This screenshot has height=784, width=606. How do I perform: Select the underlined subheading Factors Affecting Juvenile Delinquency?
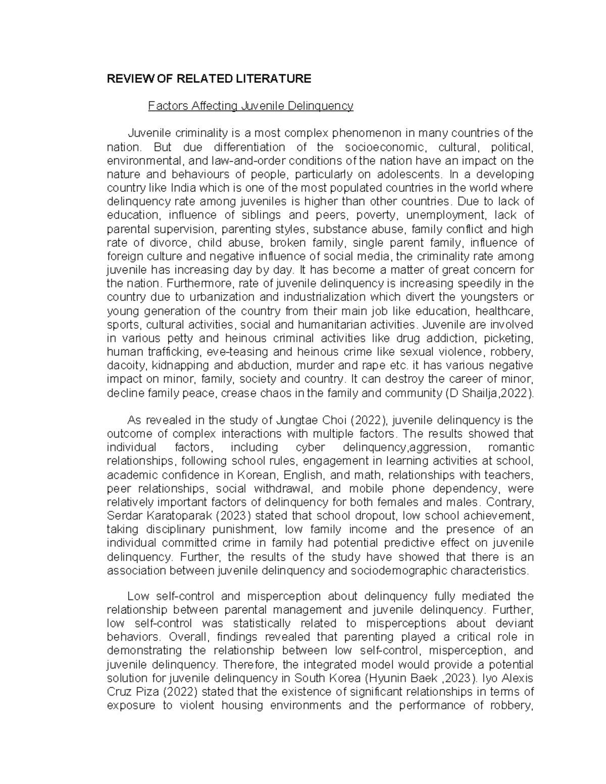250,106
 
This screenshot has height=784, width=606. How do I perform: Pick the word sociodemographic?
386,570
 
